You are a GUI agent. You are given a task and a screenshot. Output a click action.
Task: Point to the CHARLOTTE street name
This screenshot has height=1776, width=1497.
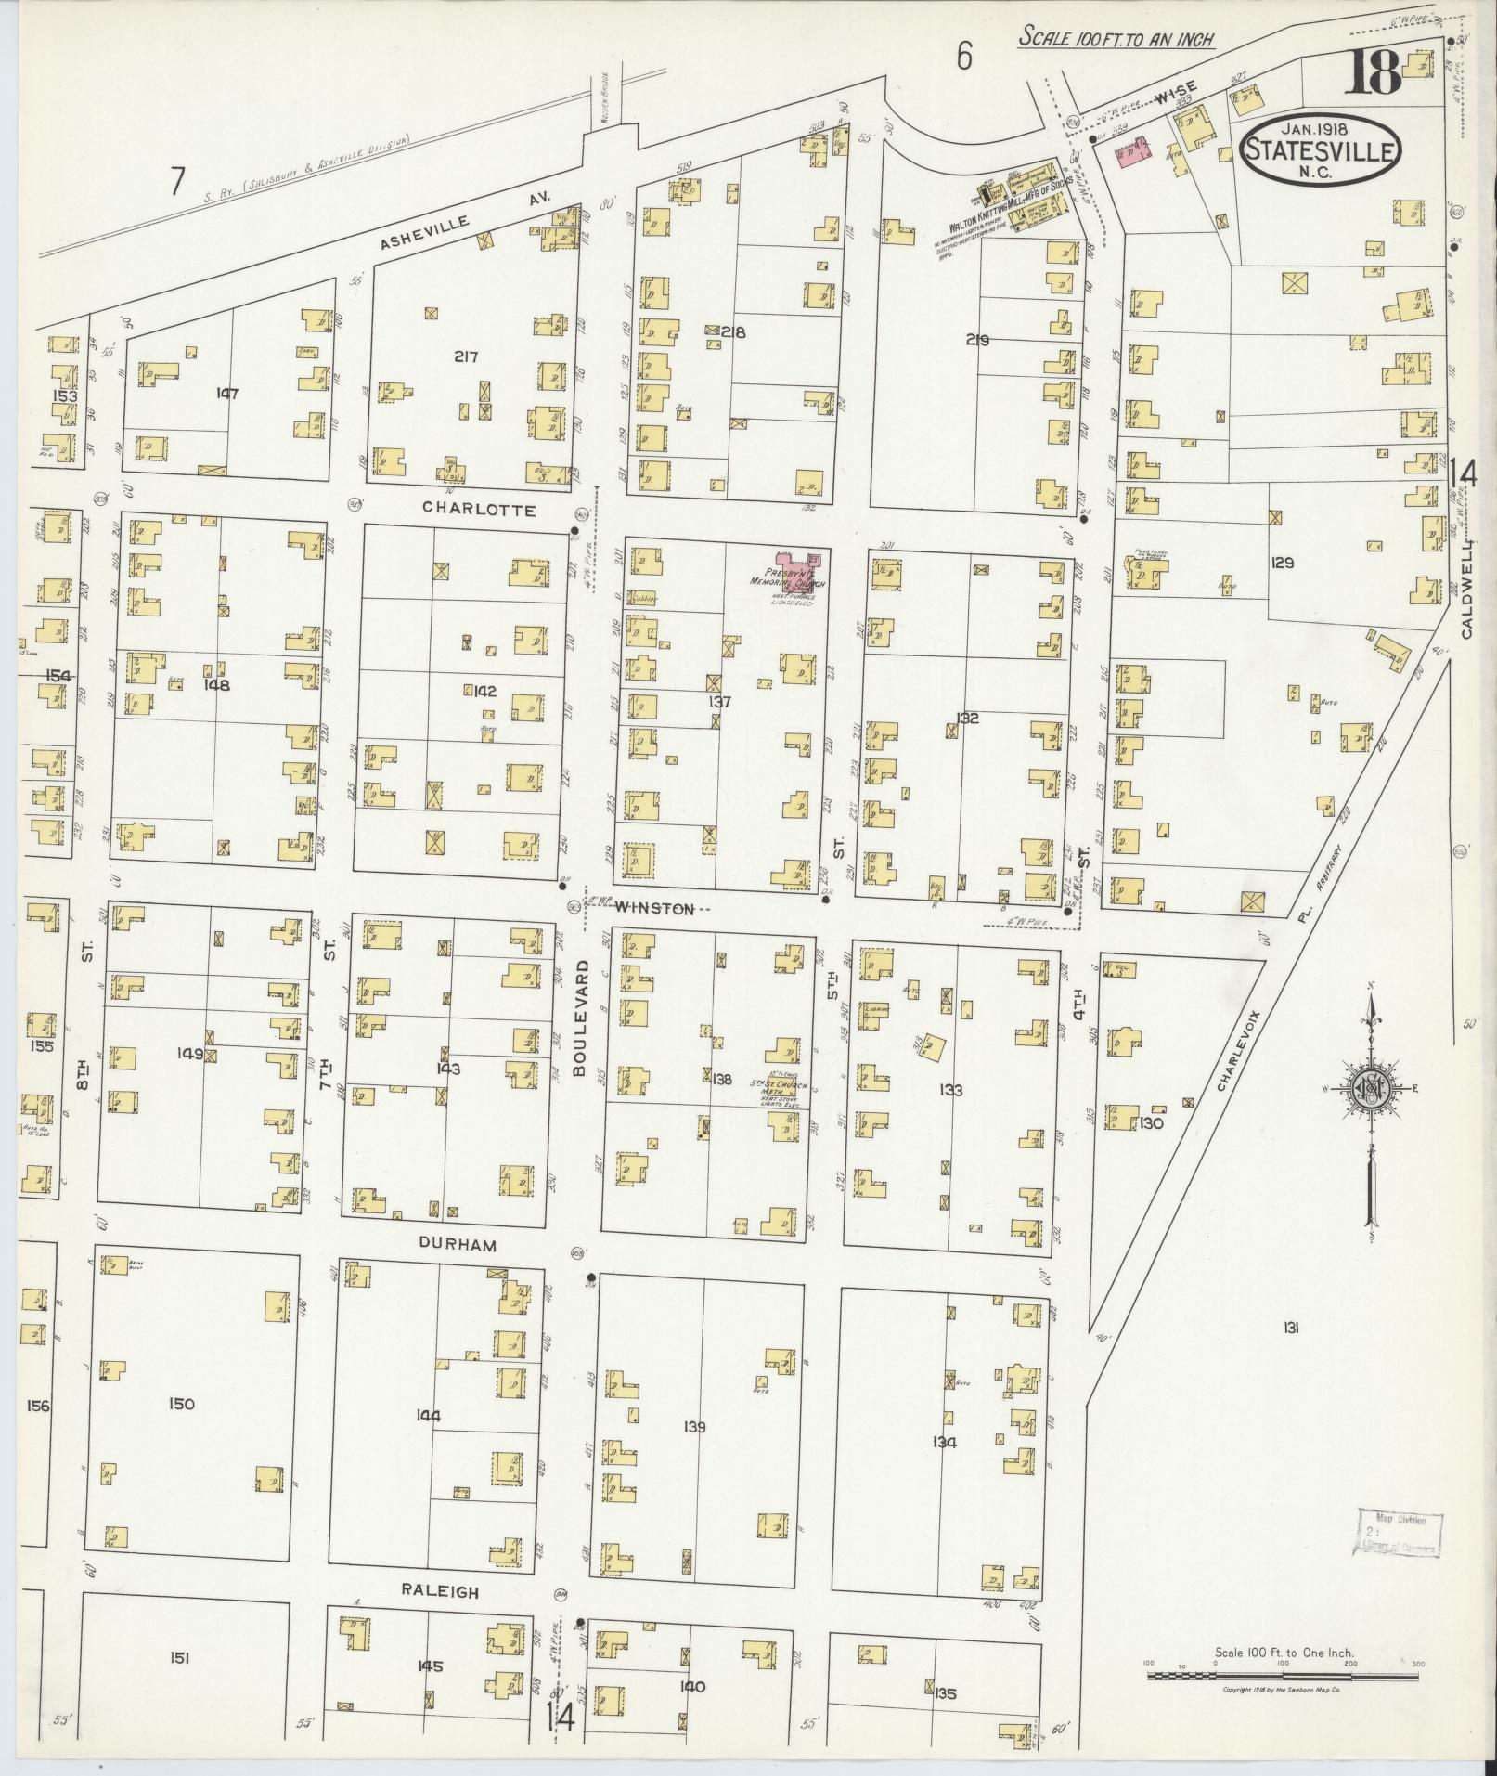pyautogui.click(x=478, y=510)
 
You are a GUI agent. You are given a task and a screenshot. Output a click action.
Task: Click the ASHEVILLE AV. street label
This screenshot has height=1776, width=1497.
pyautogui.click(x=466, y=219)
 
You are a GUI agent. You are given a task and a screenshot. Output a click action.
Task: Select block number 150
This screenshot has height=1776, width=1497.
pyautogui.click(x=182, y=1404)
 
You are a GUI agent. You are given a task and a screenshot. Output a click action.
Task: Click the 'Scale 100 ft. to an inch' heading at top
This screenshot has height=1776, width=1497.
pyautogui.click(x=1116, y=38)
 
